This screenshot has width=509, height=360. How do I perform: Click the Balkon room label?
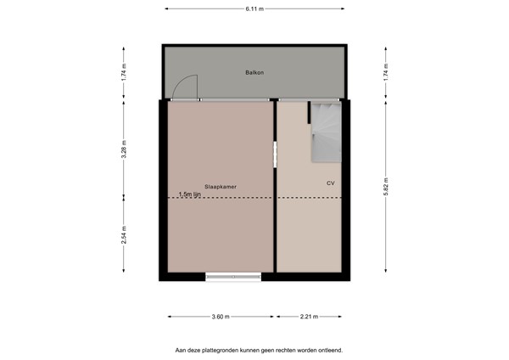[x=255, y=73]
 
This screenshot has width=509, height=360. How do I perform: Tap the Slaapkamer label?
[x=220, y=185]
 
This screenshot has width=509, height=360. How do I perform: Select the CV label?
[x=330, y=183]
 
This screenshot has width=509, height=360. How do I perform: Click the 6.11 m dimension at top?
[x=255, y=8]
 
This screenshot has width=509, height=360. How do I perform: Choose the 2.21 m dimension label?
[x=310, y=317]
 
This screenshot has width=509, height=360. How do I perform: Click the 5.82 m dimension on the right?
[x=386, y=192]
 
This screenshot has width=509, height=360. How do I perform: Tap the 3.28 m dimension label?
[x=124, y=149]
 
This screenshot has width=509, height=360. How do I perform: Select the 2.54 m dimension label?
[x=124, y=233]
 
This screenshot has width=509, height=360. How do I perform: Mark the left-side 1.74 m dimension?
[x=124, y=73]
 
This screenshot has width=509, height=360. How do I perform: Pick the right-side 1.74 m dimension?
[x=386, y=73]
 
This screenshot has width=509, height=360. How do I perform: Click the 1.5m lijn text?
[x=190, y=194]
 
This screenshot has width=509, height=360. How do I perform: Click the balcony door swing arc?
[x=185, y=86]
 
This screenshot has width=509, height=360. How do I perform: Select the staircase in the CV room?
[x=325, y=132]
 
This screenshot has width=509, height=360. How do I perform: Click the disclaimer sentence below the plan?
[x=259, y=349]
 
